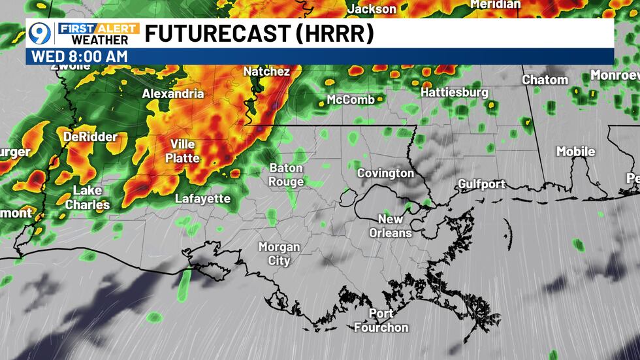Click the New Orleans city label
click(x=391, y=226)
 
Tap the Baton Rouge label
click(x=286, y=175)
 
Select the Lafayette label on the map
click(x=202, y=199)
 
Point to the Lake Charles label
click(x=88, y=197)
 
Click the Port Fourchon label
click(x=381, y=321)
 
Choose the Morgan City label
click(x=279, y=254)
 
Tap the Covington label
click(x=385, y=173)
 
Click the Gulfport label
click(x=481, y=184)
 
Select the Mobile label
click(x=575, y=152)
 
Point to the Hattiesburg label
click(x=454, y=93)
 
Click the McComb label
click(x=351, y=100)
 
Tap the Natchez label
click(x=266, y=71)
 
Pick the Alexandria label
click(x=173, y=93)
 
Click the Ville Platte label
click(x=182, y=151)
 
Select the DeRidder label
click(x=90, y=137)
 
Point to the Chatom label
click(x=545, y=80)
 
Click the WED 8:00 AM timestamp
click(x=79, y=56)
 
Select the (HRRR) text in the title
click(x=334, y=33)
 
